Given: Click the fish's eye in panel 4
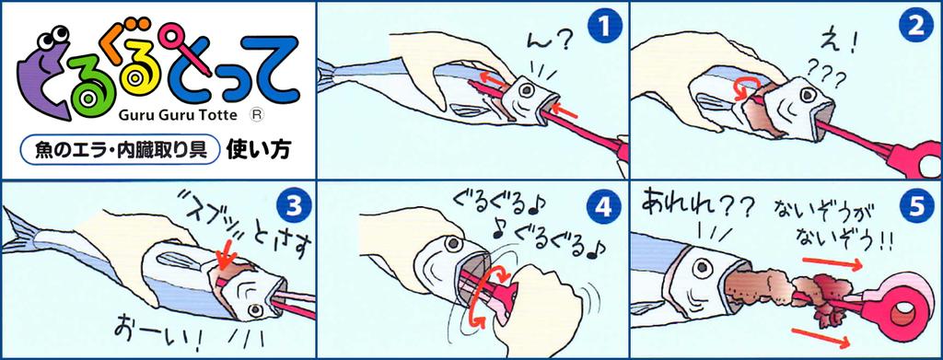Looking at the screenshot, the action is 452,244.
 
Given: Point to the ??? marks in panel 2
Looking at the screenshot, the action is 825,75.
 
